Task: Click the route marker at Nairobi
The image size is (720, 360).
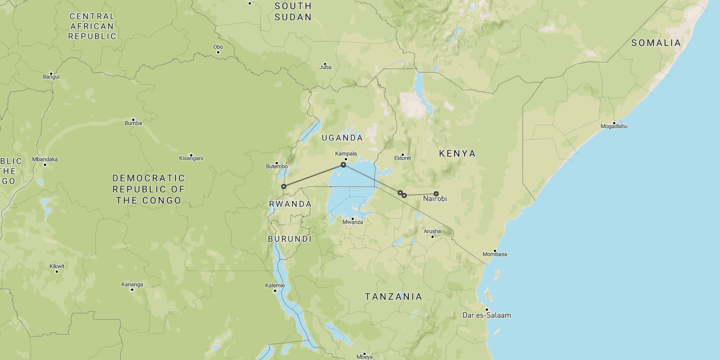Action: point(436,193)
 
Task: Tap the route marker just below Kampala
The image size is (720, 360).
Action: point(343,165)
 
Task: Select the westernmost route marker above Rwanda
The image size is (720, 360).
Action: point(283,186)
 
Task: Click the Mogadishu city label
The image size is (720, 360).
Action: point(614,127)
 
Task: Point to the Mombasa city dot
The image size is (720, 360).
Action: point(495,251)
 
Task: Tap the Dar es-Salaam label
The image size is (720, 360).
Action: point(487,316)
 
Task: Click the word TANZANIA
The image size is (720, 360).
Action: point(393,296)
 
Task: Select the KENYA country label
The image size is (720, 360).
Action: point(457,154)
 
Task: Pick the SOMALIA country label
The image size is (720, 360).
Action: point(656,43)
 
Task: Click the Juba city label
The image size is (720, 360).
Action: point(325,67)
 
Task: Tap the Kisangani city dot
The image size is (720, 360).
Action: point(191,155)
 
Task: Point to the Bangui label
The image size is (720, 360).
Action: point(51,77)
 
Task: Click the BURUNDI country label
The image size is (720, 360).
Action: point(290,239)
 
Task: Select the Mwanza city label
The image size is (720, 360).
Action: point(353,222)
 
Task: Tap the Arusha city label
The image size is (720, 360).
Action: point(433,231)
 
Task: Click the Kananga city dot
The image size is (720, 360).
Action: point(132,289)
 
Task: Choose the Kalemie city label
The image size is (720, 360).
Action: point(275,286)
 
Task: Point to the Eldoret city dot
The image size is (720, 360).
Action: point(403,155)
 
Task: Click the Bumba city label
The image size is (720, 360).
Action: point(133,123)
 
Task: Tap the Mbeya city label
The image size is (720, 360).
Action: point(364,357)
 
